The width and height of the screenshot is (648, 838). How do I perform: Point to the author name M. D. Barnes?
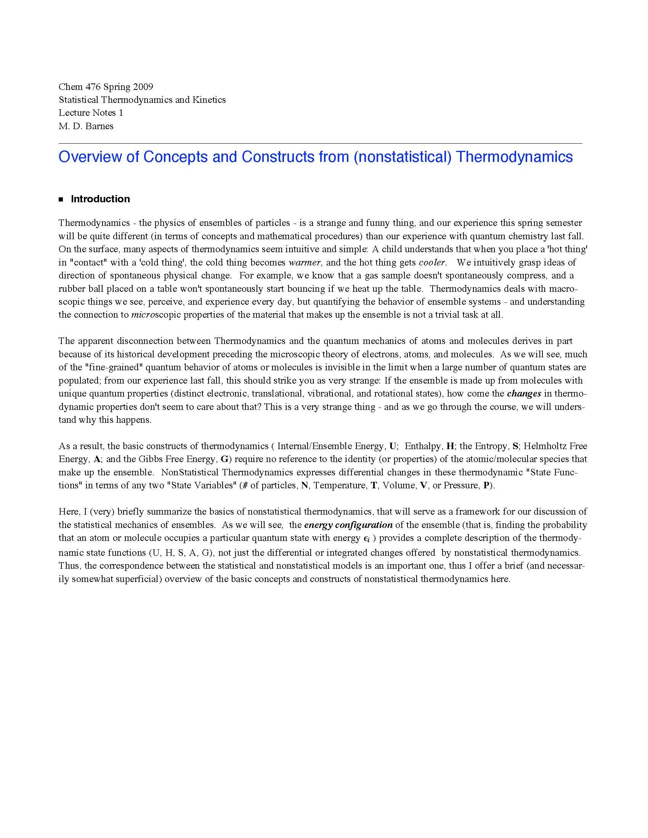pos(86,126)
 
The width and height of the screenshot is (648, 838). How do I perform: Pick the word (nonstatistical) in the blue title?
pos(402,157)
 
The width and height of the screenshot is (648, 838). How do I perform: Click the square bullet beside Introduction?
pos(61,199)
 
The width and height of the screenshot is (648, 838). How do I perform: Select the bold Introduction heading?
pos(100,199)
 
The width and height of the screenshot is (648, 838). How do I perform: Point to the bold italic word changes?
pos(524,393)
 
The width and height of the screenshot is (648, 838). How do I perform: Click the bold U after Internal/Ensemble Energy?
pos(393,446)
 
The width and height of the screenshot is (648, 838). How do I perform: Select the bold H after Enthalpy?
pos(450,446)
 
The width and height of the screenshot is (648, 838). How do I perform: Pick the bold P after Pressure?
pos(486,485)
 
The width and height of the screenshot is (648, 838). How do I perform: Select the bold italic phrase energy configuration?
pos(348,525)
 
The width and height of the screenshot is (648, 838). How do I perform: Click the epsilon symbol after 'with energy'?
pos(366,538)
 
